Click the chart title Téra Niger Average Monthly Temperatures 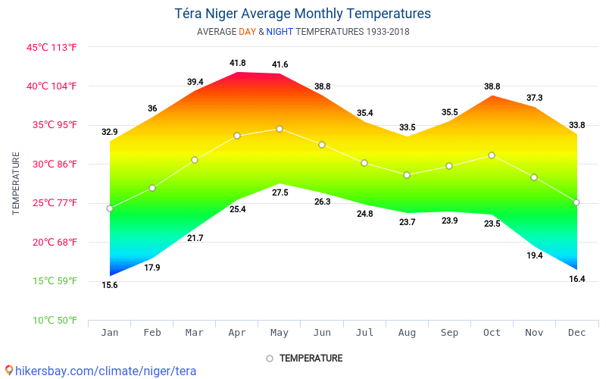click(303, 14)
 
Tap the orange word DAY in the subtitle click(247, 32)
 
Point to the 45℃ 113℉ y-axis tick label click(52, 47)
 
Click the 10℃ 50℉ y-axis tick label click(52, 320)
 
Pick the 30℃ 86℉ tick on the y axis click(52, 164)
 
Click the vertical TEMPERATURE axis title click(16, 183)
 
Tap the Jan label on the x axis click(110, 332)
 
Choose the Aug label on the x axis click(407, 332)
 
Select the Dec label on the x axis click(576, 332)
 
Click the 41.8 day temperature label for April click(237, 63)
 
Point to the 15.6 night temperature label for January click(110, 285)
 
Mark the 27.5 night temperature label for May click(280, 193)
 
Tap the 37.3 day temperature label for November click(534, 98)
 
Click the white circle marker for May click(280, 129)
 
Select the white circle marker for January click(110, 208)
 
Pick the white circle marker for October click(492, 155)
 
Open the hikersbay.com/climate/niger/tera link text click(106, 371)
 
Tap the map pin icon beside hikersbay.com click(9, 371)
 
